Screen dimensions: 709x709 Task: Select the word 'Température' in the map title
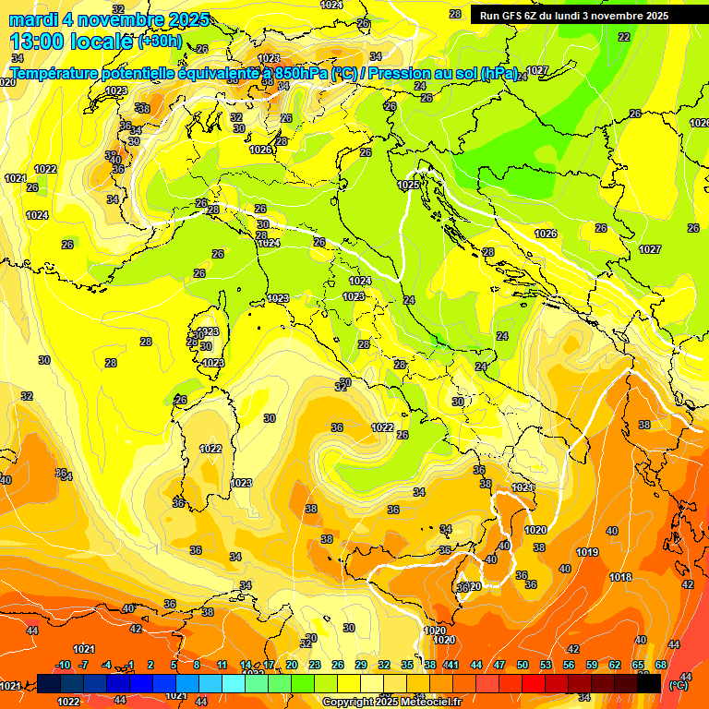click(56, 72)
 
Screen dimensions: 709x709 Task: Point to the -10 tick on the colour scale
click(64, 665)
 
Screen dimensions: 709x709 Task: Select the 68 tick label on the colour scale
click(661, 665)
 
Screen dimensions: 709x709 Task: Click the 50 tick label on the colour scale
click(523, 665)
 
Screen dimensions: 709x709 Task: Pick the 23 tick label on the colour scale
click(315, 665)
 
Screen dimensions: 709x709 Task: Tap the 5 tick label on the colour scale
click(174, 665)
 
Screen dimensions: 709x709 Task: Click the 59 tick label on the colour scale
click(592, 665)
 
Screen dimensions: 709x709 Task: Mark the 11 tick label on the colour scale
click(222, 665)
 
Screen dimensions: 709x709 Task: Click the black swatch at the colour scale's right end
click(648, 683)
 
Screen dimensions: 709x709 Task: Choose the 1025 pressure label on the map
click(408, 185)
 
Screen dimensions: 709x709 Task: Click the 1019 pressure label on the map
click(587, 552)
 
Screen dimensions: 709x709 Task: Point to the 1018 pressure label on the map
click(620, 577)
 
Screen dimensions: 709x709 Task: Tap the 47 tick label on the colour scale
click(499, 665)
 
